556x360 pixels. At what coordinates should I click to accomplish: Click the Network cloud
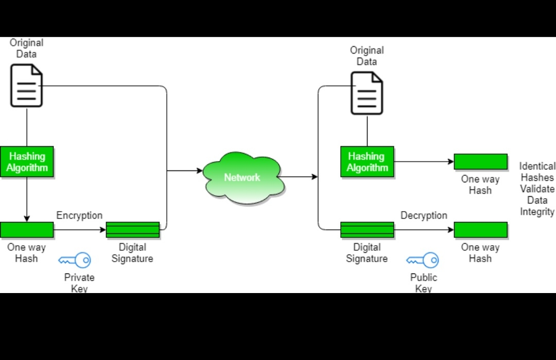tap(242, 177)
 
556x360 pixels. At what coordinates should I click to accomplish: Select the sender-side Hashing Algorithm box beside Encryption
tap(27, 162)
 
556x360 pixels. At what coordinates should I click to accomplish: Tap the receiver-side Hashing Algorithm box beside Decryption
tap(367, 162)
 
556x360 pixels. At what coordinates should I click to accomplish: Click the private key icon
tap(75, 260)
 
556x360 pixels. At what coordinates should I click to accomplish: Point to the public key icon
tap(423, 260)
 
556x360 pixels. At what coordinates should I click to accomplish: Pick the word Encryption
tap(79, 215)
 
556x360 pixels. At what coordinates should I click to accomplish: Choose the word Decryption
tap(424, 215)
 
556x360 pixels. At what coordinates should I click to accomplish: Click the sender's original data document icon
tap(27, 85)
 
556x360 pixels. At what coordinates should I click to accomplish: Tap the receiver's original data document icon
tap(367, 93)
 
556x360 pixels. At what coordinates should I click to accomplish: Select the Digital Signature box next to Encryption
tap(133, 230)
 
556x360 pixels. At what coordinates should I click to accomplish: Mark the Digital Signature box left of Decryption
tap(367, 230)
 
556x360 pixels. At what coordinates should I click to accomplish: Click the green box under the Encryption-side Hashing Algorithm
tap(27, 230)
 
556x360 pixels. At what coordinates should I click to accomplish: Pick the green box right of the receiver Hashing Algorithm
tap(480, 162)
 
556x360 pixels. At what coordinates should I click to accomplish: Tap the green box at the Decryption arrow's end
tap(480, 230)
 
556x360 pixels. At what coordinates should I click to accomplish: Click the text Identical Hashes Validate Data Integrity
tap(537, 188)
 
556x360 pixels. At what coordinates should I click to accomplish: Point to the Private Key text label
tap(79, 283)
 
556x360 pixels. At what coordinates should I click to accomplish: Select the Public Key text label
tap(423, 283)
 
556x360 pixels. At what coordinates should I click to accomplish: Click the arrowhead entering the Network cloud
tap(200, 170)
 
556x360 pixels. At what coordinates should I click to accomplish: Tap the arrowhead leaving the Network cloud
tap(315, 177)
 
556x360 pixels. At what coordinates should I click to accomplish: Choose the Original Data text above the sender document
tap(27, 48)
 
